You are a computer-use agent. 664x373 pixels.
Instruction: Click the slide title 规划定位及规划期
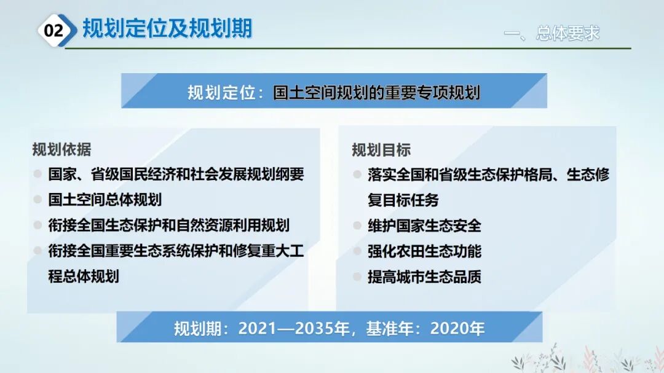click(x=167, y=29)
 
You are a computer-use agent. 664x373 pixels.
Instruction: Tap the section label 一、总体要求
click(x=551, y=33)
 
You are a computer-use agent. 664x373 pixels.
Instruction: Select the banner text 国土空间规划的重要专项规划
click(x=376, y=93)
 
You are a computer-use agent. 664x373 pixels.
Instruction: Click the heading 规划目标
click(x=381, y=150)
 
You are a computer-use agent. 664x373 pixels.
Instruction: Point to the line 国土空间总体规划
click(x=105, y=200)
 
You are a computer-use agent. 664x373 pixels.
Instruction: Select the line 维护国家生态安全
click(x=424, y=226)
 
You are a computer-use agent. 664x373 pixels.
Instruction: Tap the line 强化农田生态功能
click(x=424, y=251)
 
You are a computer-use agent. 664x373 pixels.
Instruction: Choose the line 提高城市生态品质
click(x=424, y=277)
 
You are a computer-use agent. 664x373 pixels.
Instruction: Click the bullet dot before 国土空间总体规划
click(x=38, y=200)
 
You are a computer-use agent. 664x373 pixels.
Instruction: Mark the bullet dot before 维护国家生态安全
click(x=357, y=226)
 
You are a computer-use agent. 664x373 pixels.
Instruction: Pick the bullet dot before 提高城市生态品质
click(x=357, y=277)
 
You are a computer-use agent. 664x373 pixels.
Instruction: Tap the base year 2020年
click(x=457, y=329)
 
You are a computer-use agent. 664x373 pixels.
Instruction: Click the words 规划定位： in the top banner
click(x=226, y=93)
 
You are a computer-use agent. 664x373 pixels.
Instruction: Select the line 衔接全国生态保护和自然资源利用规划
click(x=169, y=225)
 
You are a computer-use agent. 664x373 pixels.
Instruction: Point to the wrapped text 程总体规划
click(x=84, y=276)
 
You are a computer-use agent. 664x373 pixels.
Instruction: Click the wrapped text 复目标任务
click(x=403, y=200)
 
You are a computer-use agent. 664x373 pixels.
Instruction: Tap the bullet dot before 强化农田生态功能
click(x=357, y=251)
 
